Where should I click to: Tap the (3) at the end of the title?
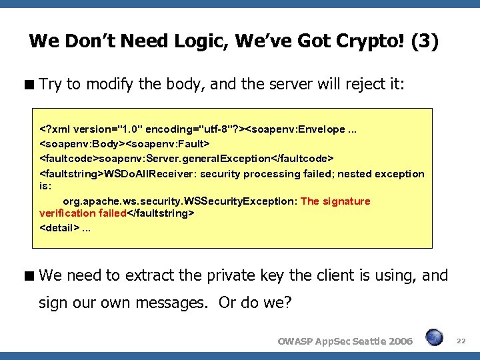tap(425, 41)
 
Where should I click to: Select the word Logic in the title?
tap(169, 41)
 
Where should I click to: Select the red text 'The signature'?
tap(335, 201)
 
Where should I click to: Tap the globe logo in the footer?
tap(435, 337)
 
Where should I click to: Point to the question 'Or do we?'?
tap(255, 303)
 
